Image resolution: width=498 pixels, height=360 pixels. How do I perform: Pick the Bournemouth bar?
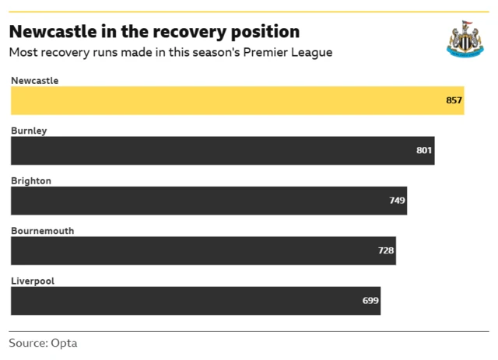point(203,250)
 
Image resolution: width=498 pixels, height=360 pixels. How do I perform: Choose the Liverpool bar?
point(195,300)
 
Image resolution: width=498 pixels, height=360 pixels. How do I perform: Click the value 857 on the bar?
point(454,101)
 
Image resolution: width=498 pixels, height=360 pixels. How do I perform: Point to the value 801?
point(424,151)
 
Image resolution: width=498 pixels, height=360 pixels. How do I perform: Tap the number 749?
point(397,201)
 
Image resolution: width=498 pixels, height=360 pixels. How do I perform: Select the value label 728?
point(386,250)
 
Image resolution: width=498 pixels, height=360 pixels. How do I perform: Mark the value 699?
point(370,300)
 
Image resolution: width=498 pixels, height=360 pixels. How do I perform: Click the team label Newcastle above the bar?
point(34,81)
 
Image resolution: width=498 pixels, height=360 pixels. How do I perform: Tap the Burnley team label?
point(29,131)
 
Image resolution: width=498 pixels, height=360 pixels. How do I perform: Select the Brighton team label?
point(31,180)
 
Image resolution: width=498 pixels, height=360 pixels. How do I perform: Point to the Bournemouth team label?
point(42,231)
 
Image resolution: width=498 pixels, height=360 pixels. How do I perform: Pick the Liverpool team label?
point(33,281)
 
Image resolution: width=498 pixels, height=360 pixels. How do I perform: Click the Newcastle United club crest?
point(465,39)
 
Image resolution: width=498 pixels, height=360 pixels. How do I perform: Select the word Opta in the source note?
point(65,343)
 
